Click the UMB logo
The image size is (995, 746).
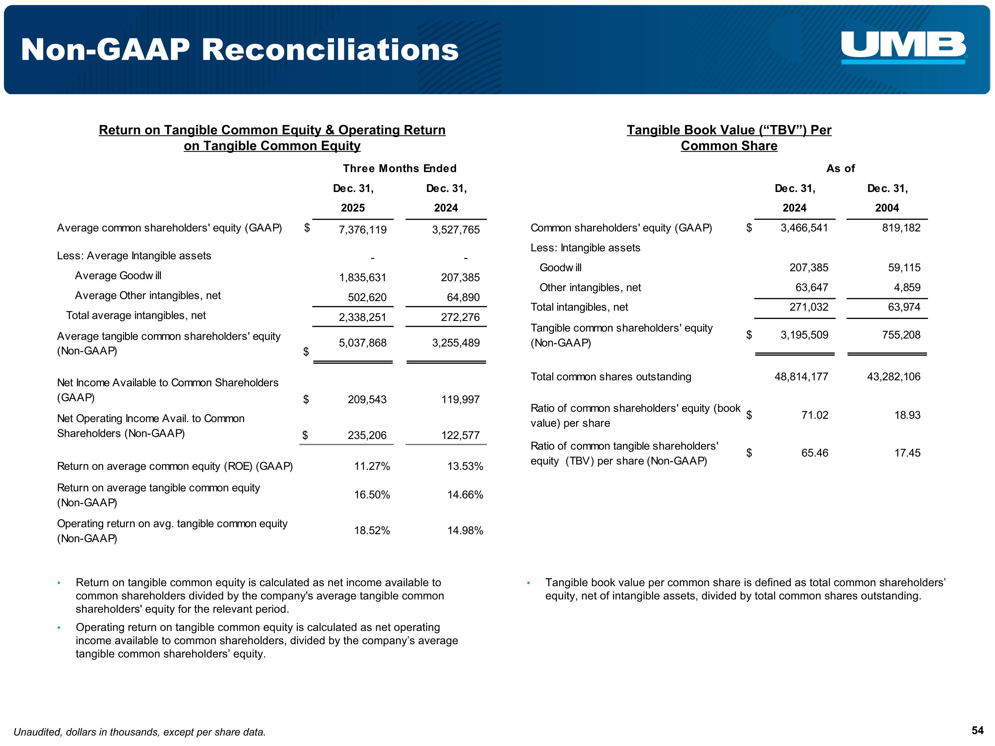903,47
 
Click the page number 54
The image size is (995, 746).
977,731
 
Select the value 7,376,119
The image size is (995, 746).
362,230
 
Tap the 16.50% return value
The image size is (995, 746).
371,495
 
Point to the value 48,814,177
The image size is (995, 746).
801,377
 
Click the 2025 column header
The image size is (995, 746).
353,208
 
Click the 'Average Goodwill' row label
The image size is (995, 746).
118,276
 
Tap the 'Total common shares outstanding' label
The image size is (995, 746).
610,377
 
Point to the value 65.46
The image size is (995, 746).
814,453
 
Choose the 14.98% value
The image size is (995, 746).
465,530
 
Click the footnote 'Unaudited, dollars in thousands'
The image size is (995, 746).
139,732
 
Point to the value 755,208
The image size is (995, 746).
901,335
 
